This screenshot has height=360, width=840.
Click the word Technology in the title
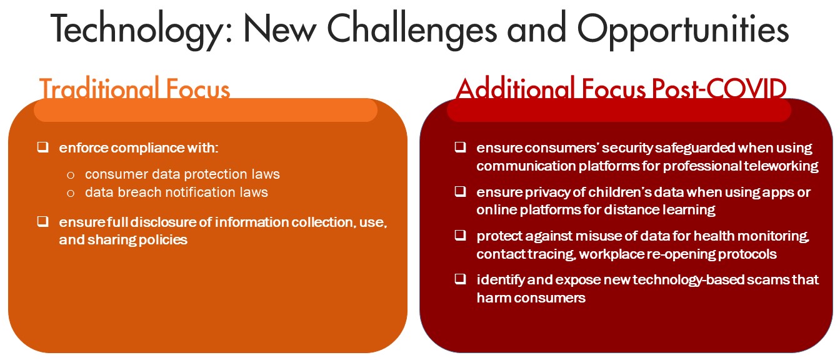(x=141, y=30)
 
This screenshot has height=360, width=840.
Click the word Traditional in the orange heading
(x=99, y=89)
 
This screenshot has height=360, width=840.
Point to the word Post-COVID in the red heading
(x=719, y=89)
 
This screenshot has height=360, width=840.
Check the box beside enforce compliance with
(x=42, y=147)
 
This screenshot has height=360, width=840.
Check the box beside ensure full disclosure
(x=42, y=221)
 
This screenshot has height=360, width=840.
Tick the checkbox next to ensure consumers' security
(x=461, y=147)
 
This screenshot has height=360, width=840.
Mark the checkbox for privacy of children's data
(x=461, y=191)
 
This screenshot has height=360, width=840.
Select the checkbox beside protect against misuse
(x=461, y=235)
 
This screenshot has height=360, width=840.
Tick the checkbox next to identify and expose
(x=461, y=279)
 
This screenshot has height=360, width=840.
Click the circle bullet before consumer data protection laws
(x=71, y=175)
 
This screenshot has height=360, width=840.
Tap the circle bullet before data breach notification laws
(x=71, y=193)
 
